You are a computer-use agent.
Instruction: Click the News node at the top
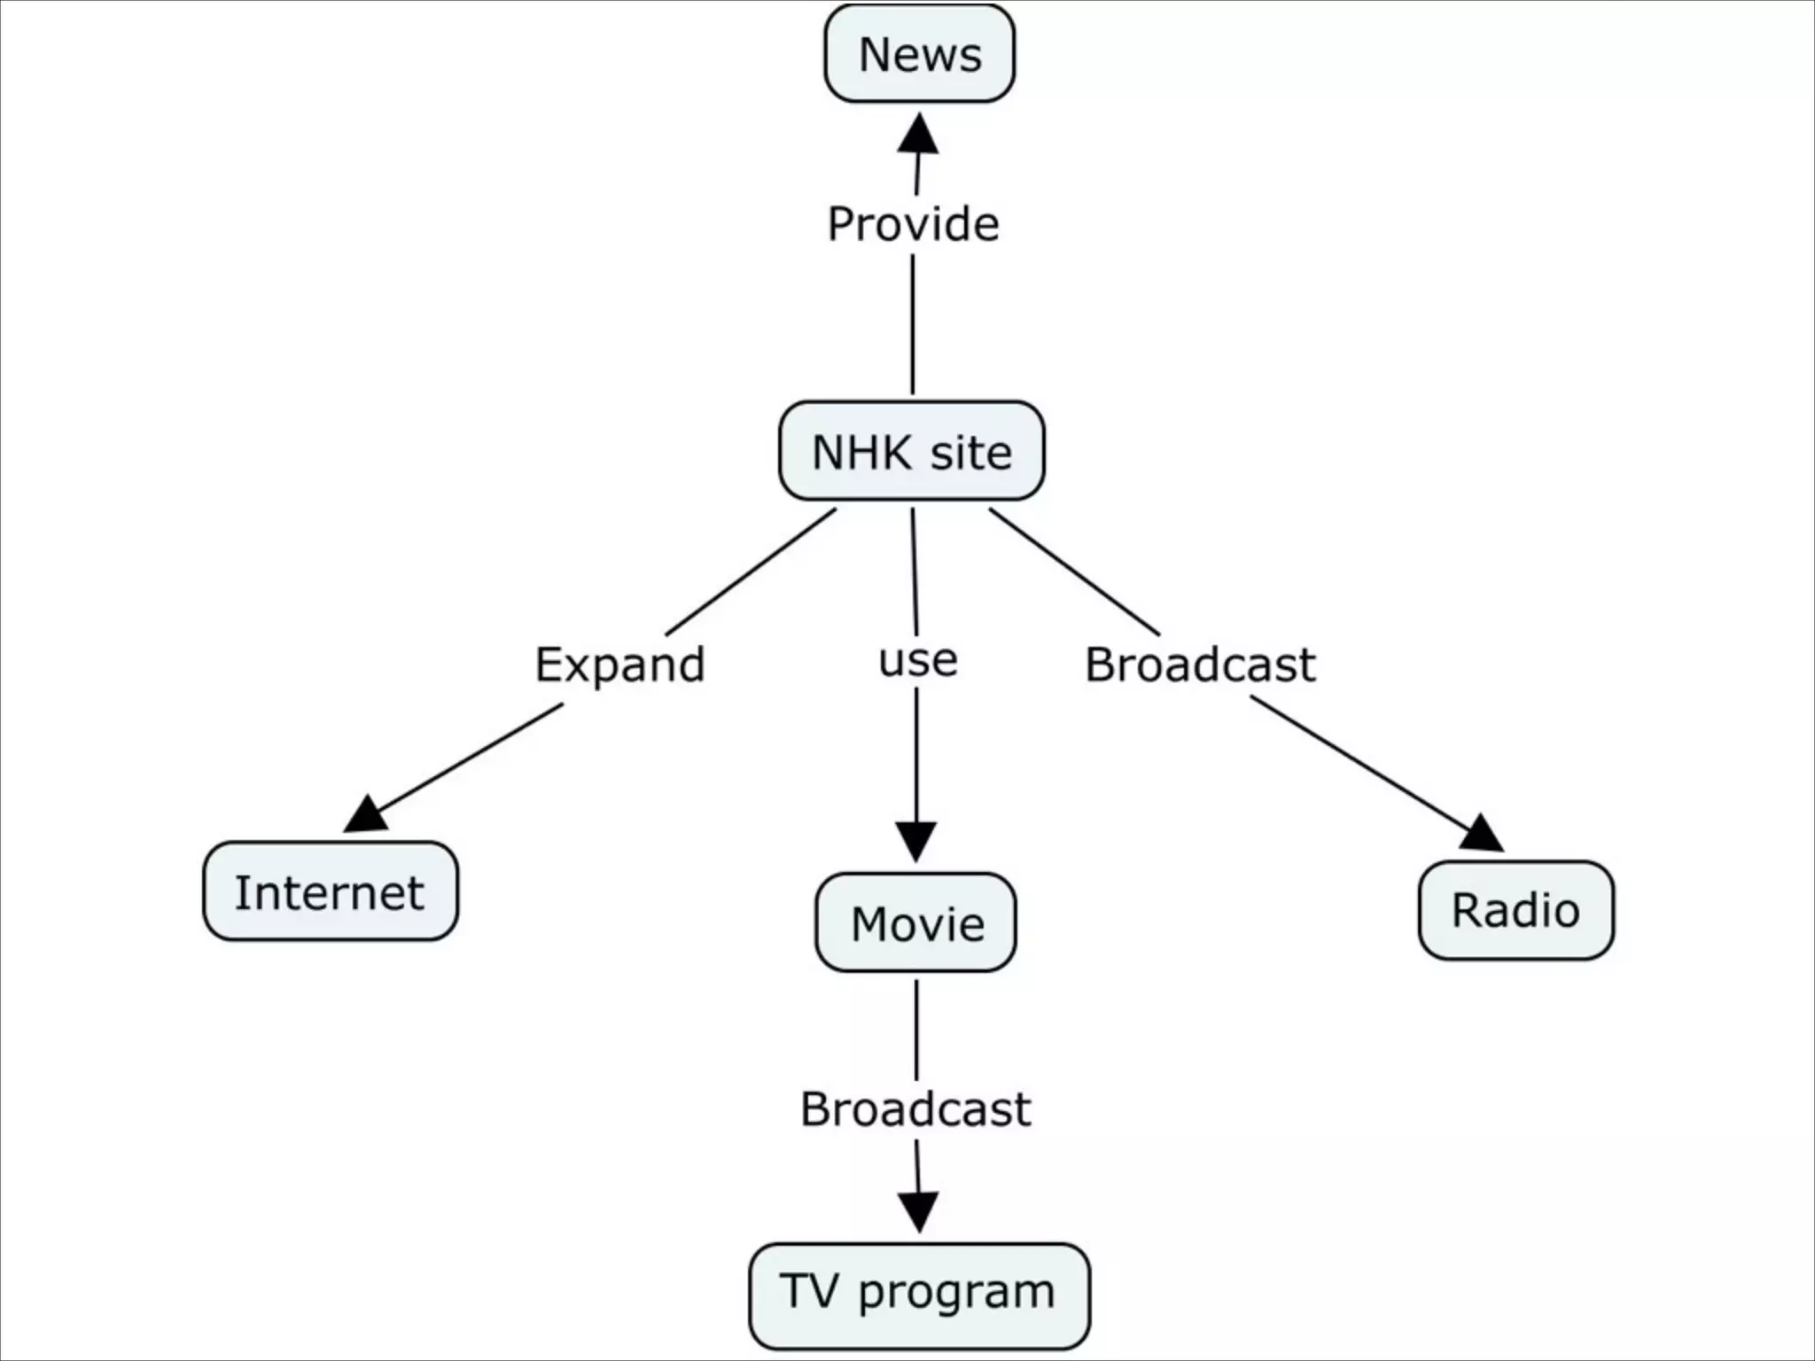pos(919,54)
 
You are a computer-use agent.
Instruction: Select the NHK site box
pos(911,451)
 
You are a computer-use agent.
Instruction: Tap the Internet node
pos(330,891)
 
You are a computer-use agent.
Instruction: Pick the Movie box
pos(915,923)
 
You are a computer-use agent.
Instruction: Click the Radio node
pos(1515,910)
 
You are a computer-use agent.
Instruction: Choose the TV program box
pos(919,1295)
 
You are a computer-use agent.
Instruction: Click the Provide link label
pos(913,223)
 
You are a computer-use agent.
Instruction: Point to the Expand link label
pos(619,665)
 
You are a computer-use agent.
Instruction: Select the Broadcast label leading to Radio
pos(1200,665)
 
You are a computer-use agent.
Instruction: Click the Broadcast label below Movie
pos(915,1108)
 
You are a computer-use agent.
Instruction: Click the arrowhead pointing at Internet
pos(367,813)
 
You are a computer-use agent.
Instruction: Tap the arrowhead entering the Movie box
pos(915,840)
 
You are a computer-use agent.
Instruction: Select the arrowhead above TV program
pos(918,1210)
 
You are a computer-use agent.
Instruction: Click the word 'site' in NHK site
pos(970,452)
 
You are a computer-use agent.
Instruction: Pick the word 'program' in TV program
pos(956,1293)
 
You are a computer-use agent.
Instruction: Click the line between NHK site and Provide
pos(913,324)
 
